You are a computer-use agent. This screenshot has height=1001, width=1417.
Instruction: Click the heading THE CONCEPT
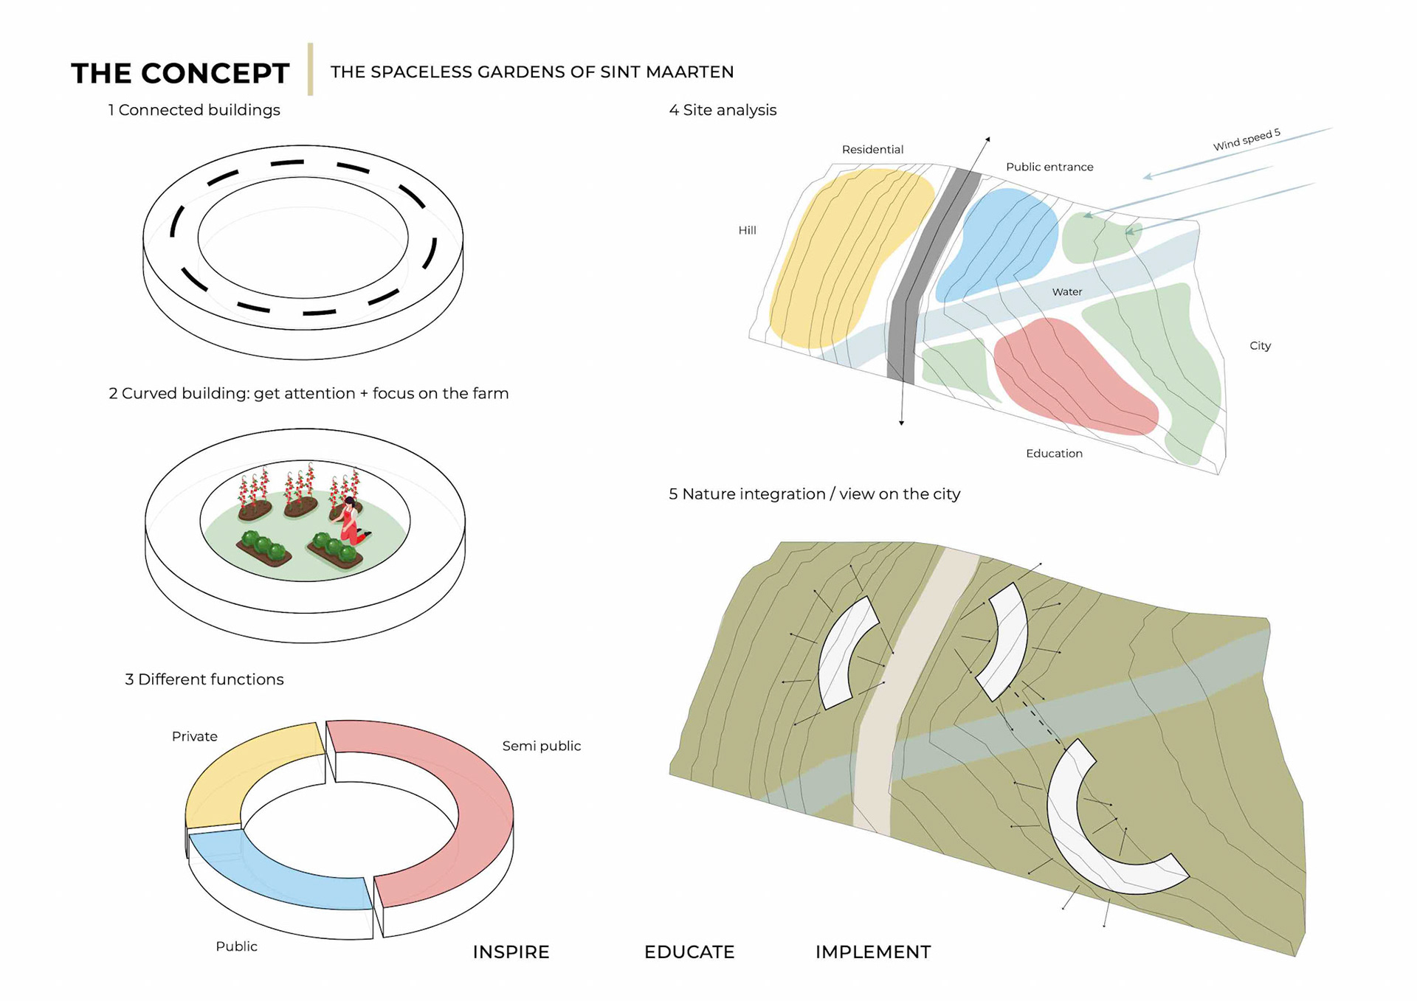tap(180, 73)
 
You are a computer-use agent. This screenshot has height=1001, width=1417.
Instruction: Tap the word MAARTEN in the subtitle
tap(689, 72)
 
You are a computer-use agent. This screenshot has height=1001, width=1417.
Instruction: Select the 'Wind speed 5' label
tap(1246, 139)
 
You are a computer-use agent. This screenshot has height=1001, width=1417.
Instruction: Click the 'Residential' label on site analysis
tap(872, 149)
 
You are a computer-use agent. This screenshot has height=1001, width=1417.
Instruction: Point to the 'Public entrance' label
tap(1049, 167)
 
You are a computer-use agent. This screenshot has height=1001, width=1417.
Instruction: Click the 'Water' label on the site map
tap(1066, 291)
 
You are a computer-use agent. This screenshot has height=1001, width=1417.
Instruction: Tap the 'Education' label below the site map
tap(1054, 453)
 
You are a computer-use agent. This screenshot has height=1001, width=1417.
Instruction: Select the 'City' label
tap(1260, 345)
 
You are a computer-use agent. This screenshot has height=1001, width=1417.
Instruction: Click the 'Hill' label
tap(747, 230)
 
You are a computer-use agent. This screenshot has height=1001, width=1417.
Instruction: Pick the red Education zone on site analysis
tap(1070, 376)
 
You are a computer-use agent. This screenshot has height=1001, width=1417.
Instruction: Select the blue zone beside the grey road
tap(996, 243)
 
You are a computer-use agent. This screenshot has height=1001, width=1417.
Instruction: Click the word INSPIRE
tap(511, 952)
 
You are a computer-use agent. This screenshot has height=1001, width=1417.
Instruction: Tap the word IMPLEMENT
tap(872, 952)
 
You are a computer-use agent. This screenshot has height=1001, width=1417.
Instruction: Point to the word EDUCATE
tap(689, 952)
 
